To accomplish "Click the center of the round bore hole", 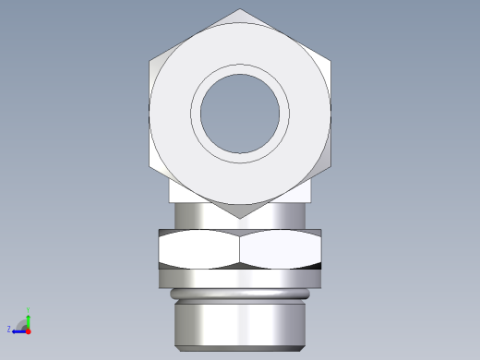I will click(240, 114).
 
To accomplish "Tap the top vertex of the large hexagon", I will click(240, 9).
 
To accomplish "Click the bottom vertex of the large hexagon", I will click(240, 218).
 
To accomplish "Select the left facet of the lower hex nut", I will click(198, 248).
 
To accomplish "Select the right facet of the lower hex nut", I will click(280, 248).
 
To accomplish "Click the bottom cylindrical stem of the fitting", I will click(240, 323).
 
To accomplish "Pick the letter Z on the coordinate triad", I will click(9, 329).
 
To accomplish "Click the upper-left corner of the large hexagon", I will click(150, 61).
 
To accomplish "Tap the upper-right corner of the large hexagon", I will click(330, 61).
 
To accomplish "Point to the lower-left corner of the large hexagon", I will click(150, 166).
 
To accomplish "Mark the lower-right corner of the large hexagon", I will click(330, 166).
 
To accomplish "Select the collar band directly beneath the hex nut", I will click(240, 277).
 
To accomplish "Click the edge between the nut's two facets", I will click(240, 248).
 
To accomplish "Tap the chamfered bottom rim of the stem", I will click(240, 348).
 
